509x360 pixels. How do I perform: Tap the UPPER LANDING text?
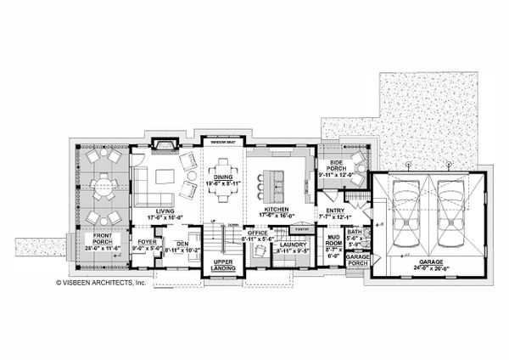(223, 264)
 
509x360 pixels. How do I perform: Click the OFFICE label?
(257, 232)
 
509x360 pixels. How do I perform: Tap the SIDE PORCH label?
(331, 166)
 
